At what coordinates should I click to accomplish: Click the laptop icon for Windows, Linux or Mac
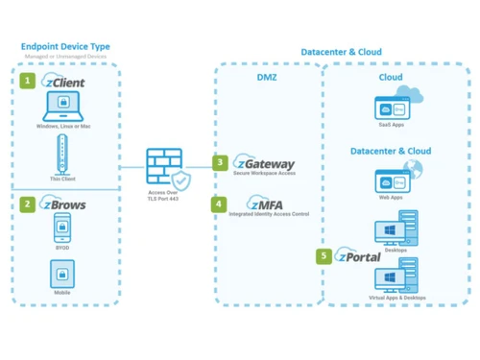point(62,107)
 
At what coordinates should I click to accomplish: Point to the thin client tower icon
point(62,154)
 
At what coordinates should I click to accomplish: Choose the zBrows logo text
point(64,204)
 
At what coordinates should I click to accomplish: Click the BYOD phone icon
point(62,228)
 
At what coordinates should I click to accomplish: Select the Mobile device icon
point(62,274)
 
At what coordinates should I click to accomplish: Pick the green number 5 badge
point(325,256)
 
